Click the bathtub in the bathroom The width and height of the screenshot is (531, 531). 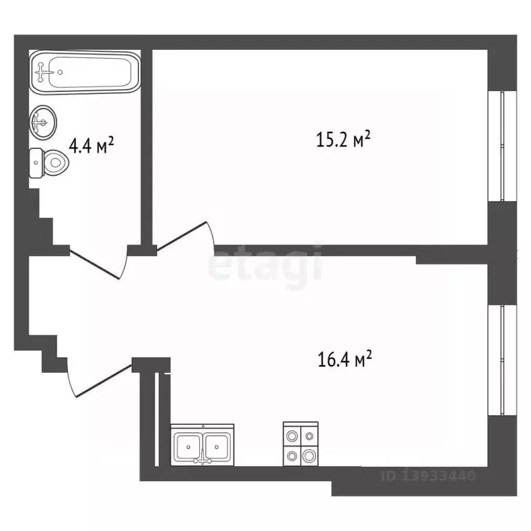84,72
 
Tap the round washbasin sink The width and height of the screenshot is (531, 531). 44,122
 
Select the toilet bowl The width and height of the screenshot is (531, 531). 50,163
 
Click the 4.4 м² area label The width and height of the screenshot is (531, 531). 91,146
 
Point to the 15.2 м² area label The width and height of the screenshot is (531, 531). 343,139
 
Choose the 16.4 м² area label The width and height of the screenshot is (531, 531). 345,359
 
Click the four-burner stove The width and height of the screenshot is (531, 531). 300,444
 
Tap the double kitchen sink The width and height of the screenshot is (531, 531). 202,445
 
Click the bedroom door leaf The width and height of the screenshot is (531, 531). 182,236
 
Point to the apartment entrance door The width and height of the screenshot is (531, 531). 103,381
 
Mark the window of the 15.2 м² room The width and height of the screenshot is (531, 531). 502,146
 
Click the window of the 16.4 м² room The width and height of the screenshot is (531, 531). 502,360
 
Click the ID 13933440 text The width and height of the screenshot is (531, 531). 429,476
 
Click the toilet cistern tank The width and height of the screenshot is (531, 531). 36,163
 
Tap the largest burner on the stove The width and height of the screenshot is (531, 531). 309,456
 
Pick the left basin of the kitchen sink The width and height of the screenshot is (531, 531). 188,447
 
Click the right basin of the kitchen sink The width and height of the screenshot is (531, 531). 216,447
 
